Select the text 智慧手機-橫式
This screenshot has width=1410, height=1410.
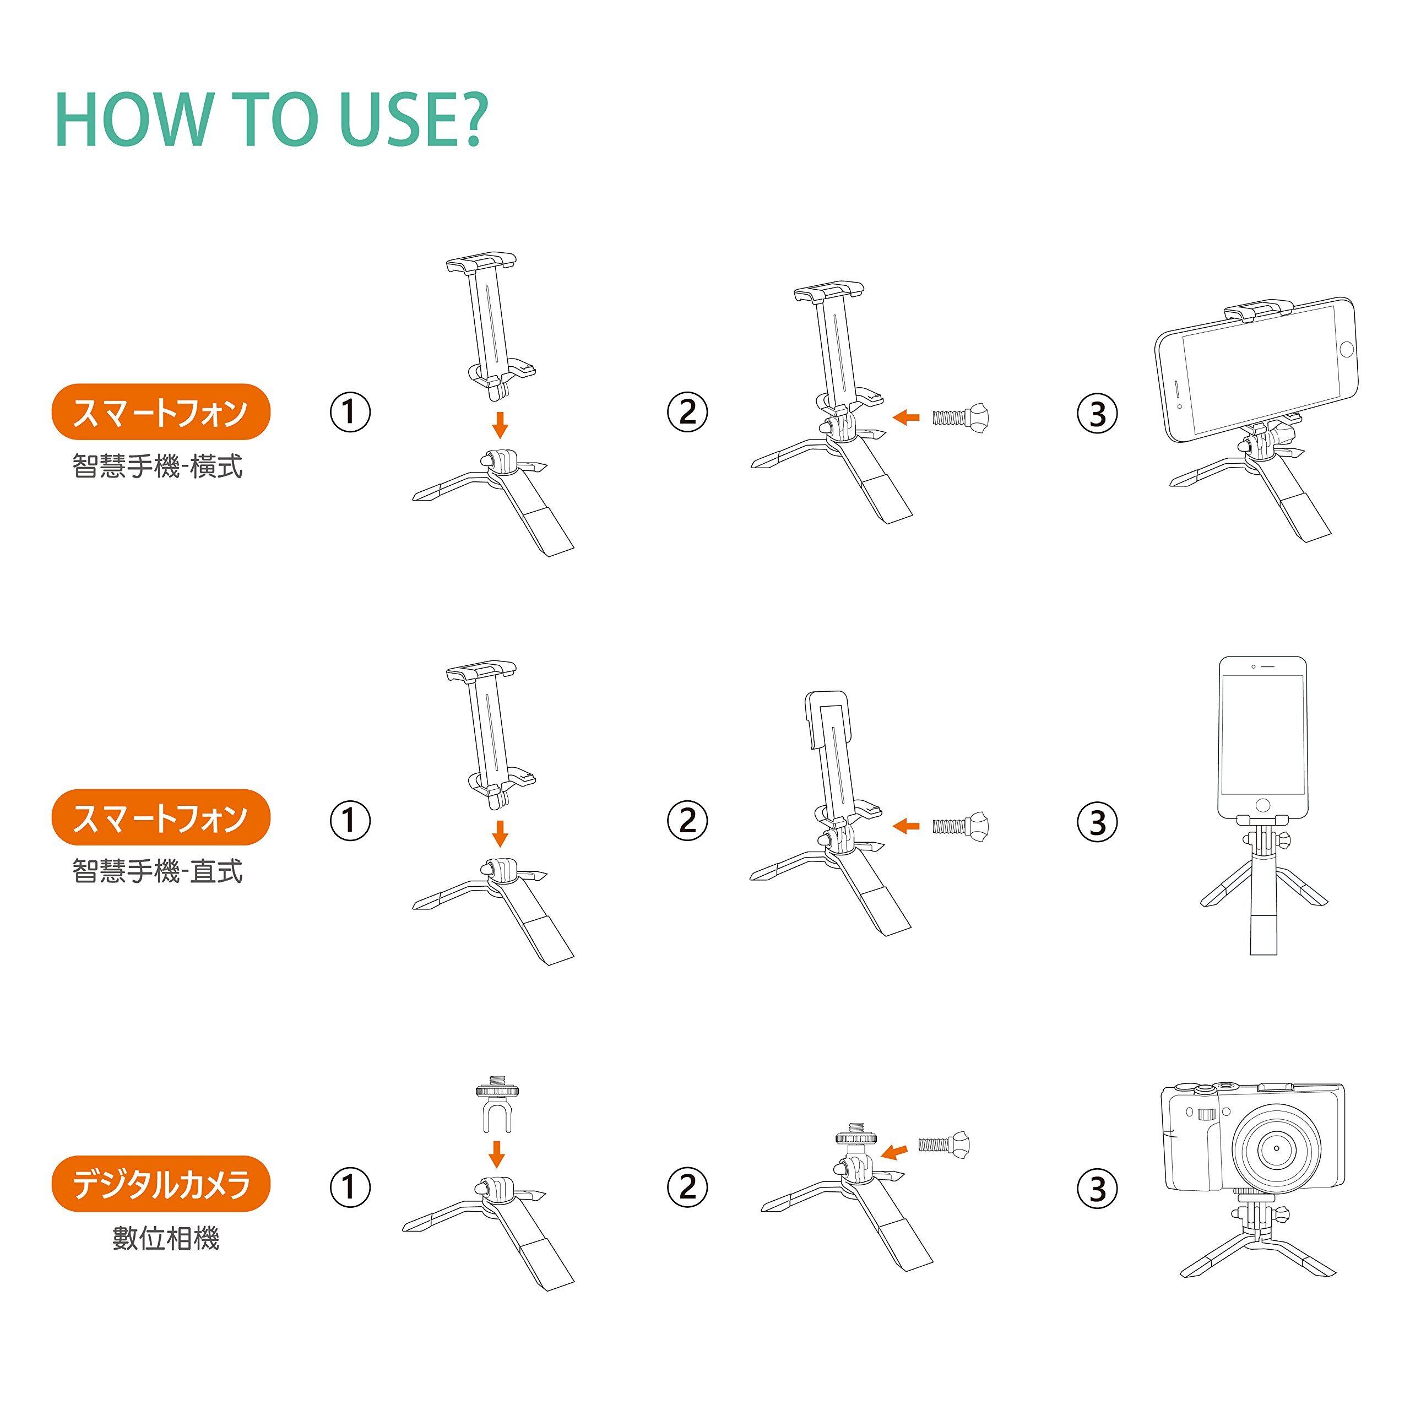point(158,465)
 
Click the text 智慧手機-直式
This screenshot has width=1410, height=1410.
point(158,871)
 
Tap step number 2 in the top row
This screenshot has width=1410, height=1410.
point(687,413)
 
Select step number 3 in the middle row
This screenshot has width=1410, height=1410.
point(1098,822)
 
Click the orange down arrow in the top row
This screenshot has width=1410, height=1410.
point(500,424)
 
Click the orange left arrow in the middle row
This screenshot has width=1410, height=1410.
point(907,826)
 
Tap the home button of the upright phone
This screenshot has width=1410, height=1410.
point(1262,806)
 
